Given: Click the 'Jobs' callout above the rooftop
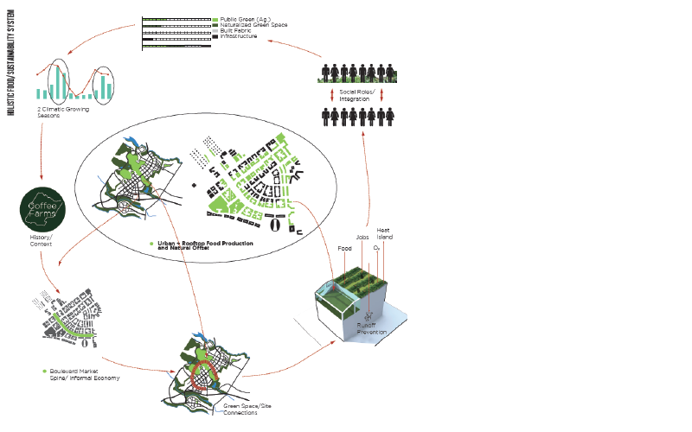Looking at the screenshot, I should click(363, 237).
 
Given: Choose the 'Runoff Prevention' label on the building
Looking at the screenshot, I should click(372, 329).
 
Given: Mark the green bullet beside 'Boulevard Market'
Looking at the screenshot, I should click(43, 372).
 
